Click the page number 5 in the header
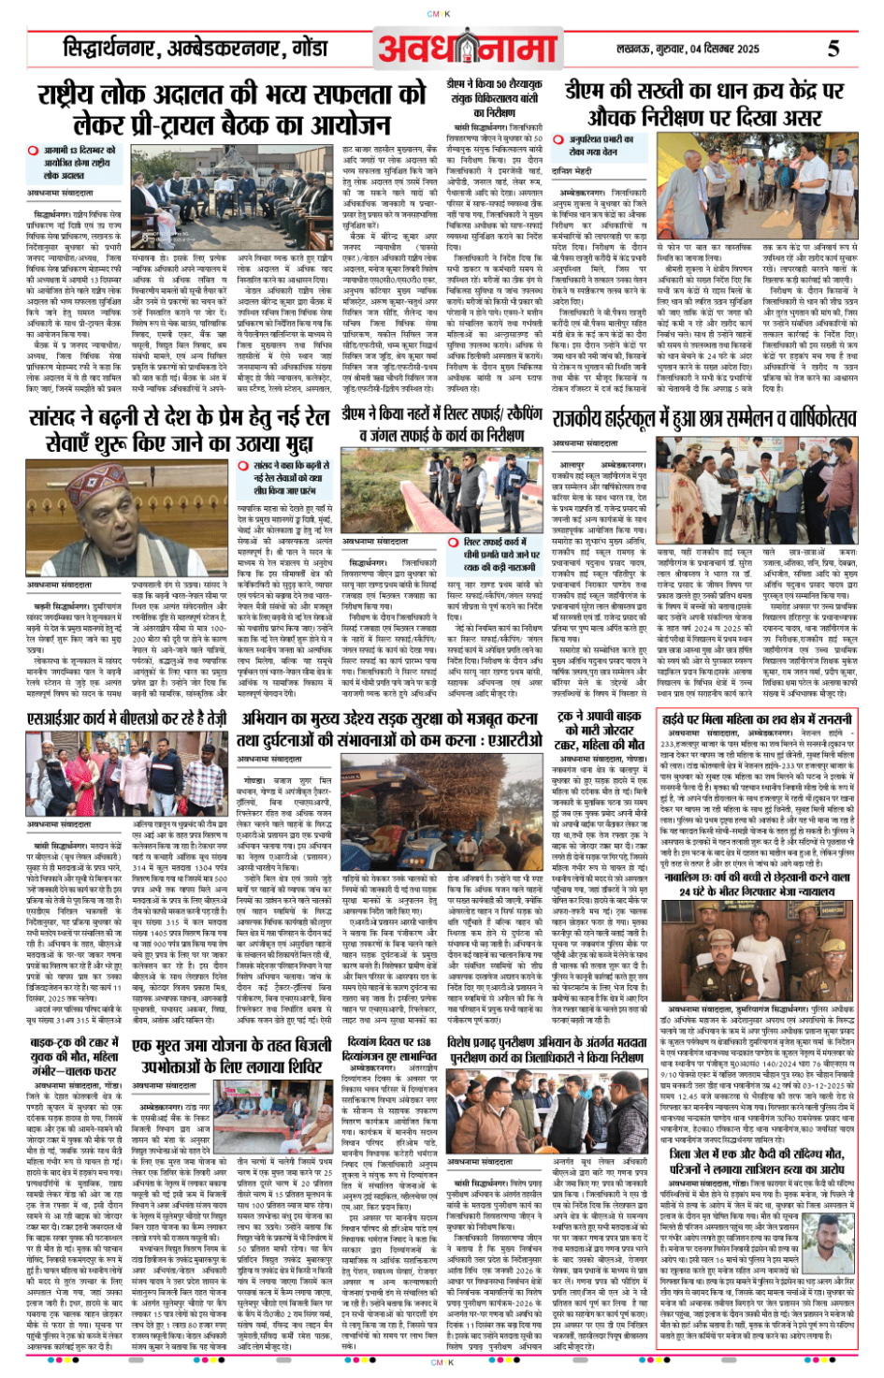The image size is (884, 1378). coord(833,49)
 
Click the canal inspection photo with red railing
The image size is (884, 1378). coord(392,491)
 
